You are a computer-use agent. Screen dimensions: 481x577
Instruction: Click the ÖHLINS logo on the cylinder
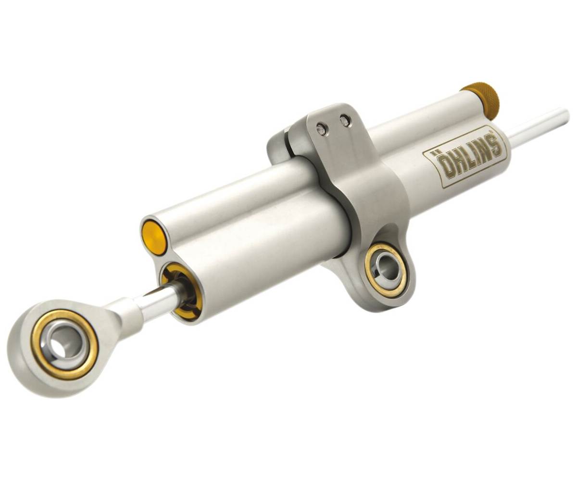click(x=464, y=156)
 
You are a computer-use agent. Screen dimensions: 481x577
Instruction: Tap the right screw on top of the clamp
click(x=345, y=121)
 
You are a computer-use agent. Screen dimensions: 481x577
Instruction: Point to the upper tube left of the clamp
click(x=231, y=192)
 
